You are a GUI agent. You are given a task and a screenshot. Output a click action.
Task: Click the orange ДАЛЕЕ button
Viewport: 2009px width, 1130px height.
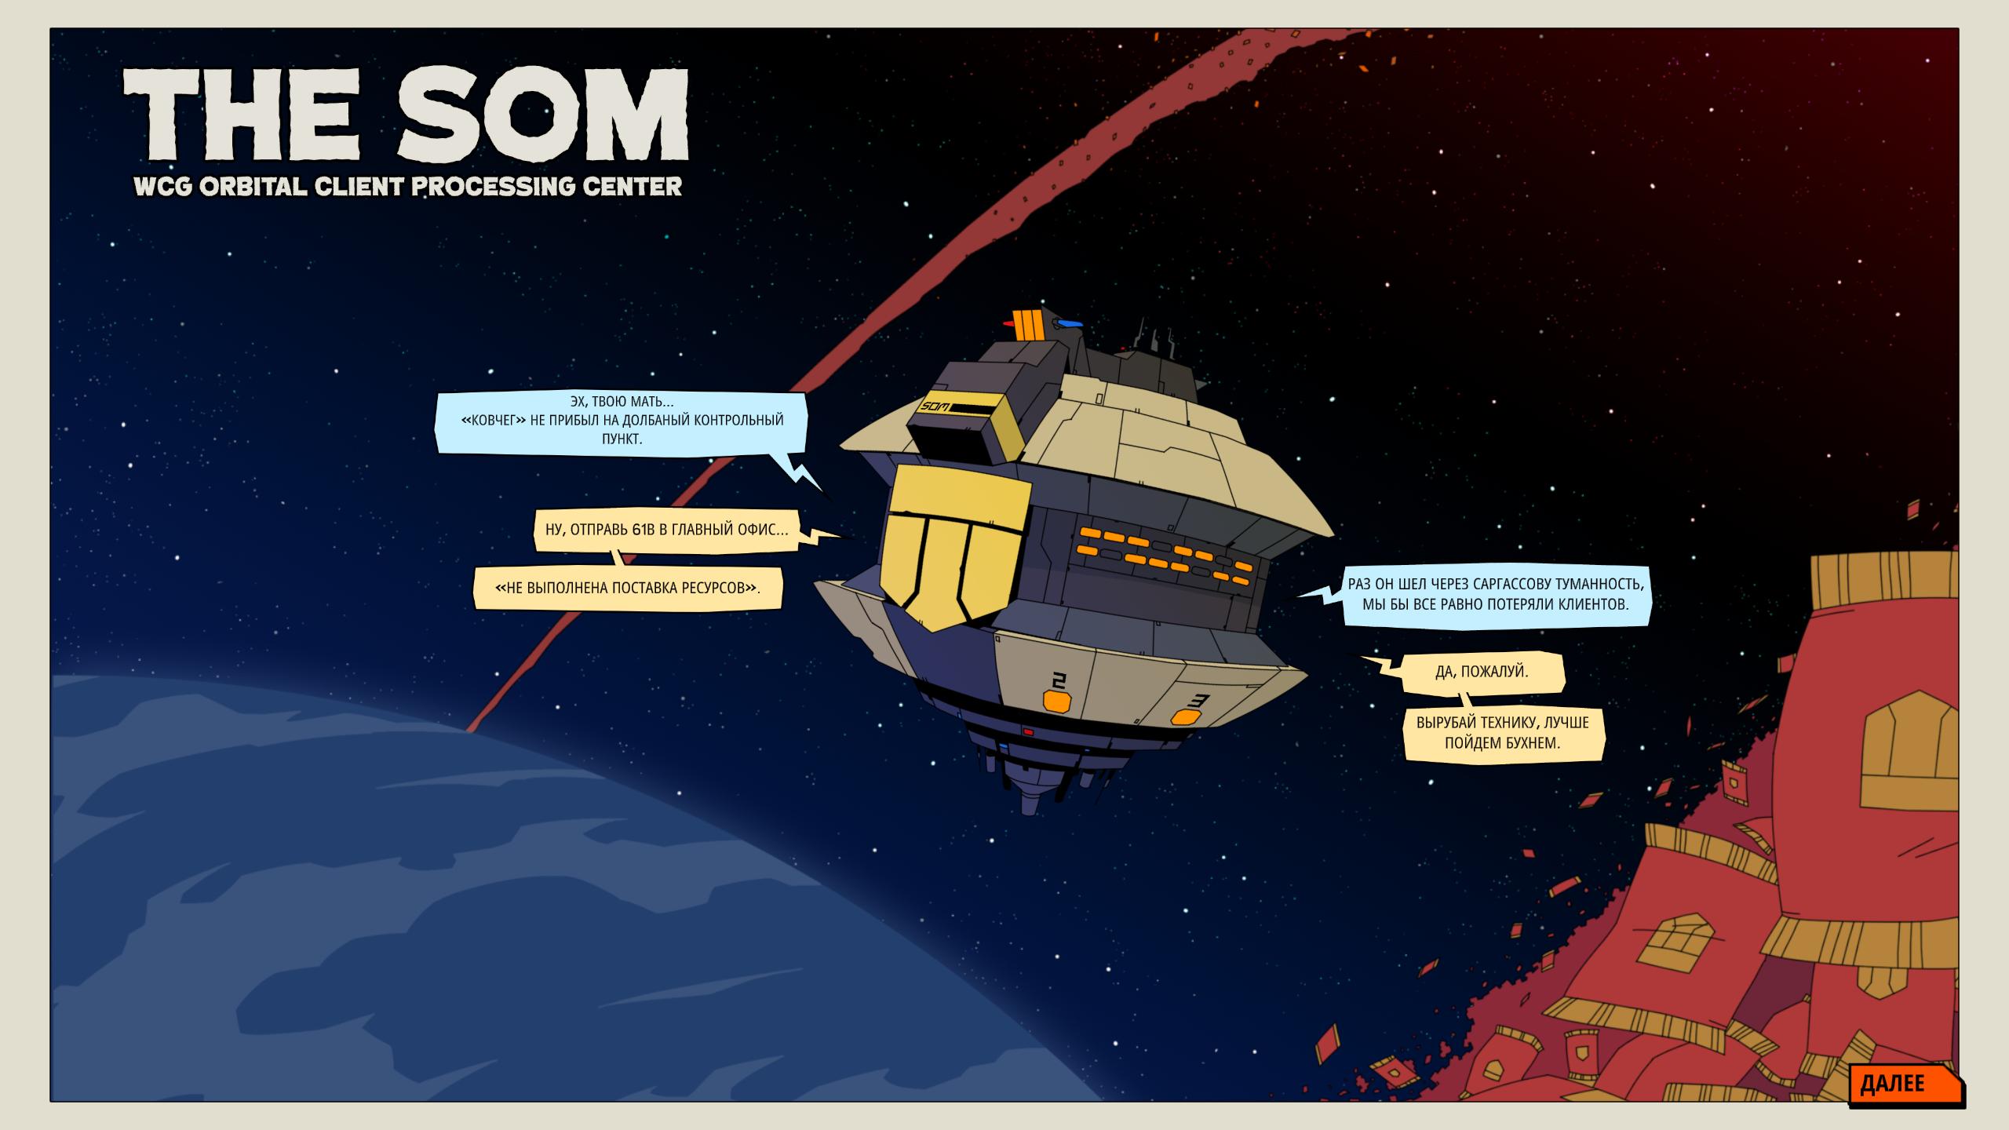[x=1905, y=1085]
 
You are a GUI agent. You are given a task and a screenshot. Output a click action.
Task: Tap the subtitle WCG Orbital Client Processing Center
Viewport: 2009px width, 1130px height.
[x=407, y=187]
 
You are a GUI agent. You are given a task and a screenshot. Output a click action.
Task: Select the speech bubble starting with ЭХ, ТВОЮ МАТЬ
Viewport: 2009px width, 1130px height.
[x=622, y=424]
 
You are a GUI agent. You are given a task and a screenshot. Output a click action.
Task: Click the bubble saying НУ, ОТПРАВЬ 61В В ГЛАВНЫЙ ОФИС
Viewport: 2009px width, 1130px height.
[x=667, y=530]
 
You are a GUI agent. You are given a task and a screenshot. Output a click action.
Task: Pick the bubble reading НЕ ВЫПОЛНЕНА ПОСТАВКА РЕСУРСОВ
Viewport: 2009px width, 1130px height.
[x=628, y=587]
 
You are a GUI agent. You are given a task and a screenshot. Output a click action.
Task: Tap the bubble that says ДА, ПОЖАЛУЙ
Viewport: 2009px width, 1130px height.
[x=1482, y=673]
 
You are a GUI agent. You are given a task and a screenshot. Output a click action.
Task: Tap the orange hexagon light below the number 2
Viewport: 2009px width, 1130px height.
[x=1057, y=702]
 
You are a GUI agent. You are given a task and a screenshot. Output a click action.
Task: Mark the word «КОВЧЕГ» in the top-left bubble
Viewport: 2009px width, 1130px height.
[x=494, y=421]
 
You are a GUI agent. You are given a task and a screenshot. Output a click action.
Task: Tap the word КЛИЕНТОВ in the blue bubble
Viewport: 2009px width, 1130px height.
[x=1592, y=604]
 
